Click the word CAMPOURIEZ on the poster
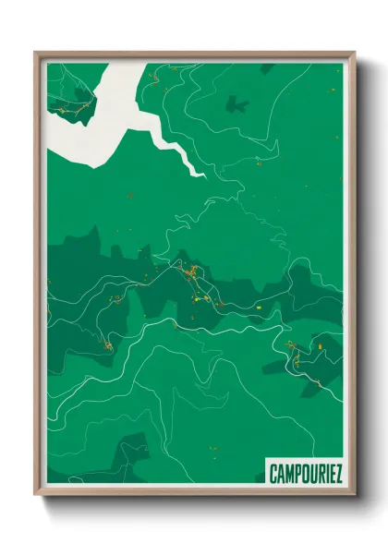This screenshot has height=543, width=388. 306,474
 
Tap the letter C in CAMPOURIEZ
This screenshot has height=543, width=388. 273,474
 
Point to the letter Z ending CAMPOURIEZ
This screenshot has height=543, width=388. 338,474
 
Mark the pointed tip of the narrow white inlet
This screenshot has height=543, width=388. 198,173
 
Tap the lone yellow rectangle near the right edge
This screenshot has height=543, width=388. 321,346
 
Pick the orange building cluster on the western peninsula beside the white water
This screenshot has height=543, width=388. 82,110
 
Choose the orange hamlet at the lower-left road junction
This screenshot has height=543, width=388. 107,345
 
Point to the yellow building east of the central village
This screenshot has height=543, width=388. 260,305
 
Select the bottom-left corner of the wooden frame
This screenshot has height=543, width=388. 36,496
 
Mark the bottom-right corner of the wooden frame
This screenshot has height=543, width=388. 354,496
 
